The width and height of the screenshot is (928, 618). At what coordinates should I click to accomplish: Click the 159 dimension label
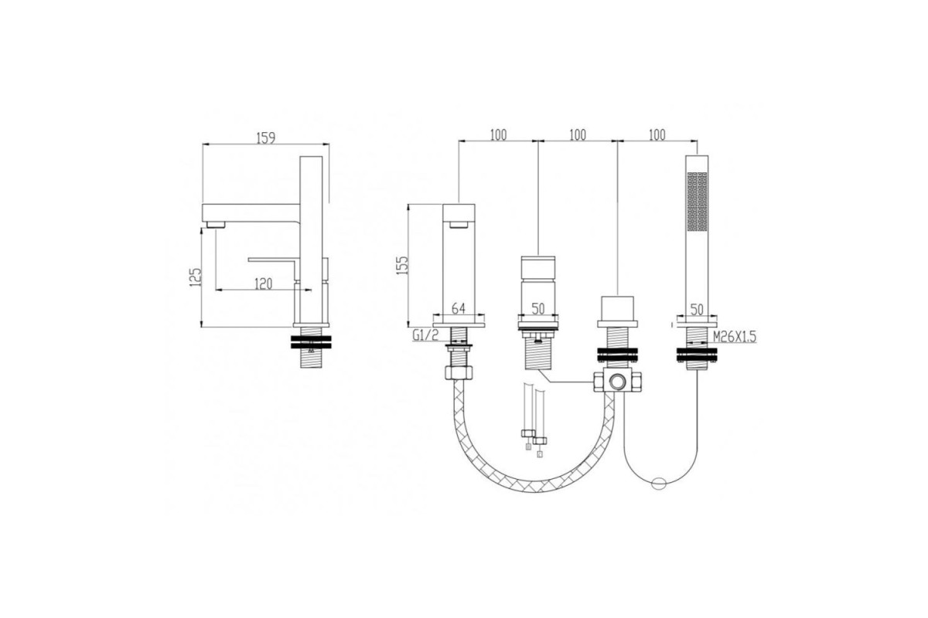[x=265, y=138]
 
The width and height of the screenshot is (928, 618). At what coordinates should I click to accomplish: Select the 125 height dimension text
[x=195, y=277]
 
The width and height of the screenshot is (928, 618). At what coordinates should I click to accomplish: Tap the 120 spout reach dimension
[x=264, y=284]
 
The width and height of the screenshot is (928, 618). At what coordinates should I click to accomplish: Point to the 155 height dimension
[x=402, y=265]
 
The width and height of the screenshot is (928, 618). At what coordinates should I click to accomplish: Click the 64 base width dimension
[x=458, y=308]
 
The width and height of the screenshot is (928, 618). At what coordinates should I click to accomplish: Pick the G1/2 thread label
[x=425, y=334]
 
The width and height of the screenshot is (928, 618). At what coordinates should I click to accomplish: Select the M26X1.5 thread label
[x=735, y=337]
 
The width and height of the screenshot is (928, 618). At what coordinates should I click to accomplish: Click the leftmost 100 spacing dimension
[x=498, y=135]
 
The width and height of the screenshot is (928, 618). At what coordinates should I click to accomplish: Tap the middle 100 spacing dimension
[x=578, y=135]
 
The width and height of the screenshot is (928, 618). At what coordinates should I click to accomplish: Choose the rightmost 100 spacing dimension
[x=657, y=135]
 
